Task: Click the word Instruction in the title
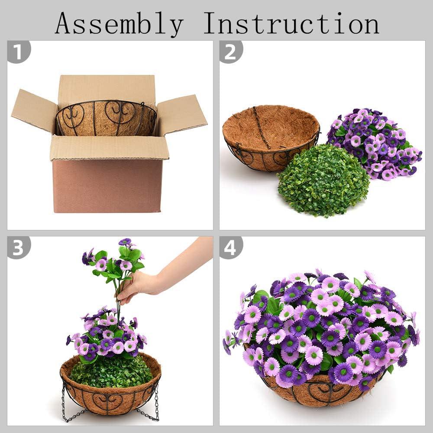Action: click(291, 23)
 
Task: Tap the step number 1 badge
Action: click(19, 52)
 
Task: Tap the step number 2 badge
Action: click(231, 52)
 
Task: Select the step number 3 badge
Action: click(19, 247)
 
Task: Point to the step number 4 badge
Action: click(231, 247)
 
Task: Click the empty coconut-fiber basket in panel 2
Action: click(271, 137)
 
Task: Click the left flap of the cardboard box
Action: click(35, 110)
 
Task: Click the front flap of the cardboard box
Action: click(110, 148)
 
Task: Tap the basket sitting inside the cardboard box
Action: click(107, 118)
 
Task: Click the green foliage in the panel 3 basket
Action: click(111, 371)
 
